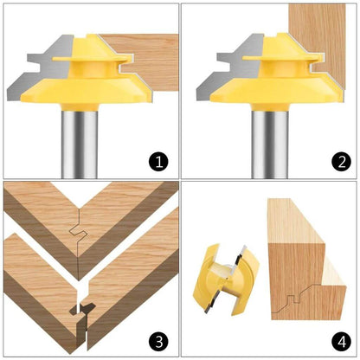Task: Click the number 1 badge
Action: point(157,160)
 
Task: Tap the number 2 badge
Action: point(339,160)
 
